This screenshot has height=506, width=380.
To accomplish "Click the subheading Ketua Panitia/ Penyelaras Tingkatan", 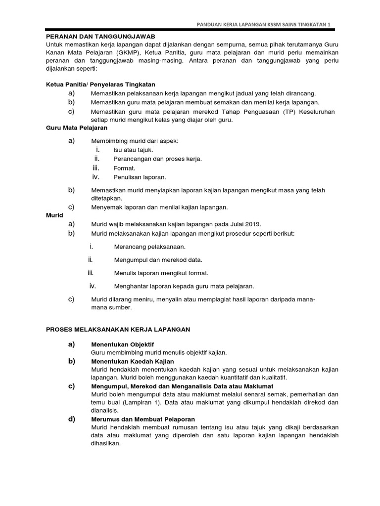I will click(100, 84).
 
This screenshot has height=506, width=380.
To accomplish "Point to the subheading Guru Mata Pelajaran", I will click(77, 127).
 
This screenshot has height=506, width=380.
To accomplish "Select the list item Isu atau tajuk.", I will click(133, 150).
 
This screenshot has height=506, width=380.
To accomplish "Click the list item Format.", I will click(124, 168).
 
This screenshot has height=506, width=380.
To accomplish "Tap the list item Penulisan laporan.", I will click(140, 177).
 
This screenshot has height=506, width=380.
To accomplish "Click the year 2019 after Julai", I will click(252, 224).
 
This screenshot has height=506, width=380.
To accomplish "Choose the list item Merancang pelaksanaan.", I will click(150, 247).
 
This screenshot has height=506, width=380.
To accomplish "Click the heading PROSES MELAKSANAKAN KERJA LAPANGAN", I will click(118, 329).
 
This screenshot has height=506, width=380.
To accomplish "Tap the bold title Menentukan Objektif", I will click(127, 344).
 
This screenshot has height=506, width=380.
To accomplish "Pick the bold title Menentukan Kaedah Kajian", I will click(133, 362).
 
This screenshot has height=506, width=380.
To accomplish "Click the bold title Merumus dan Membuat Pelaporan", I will click(143, 419).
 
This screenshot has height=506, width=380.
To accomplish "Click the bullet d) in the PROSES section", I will click(72, 419).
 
